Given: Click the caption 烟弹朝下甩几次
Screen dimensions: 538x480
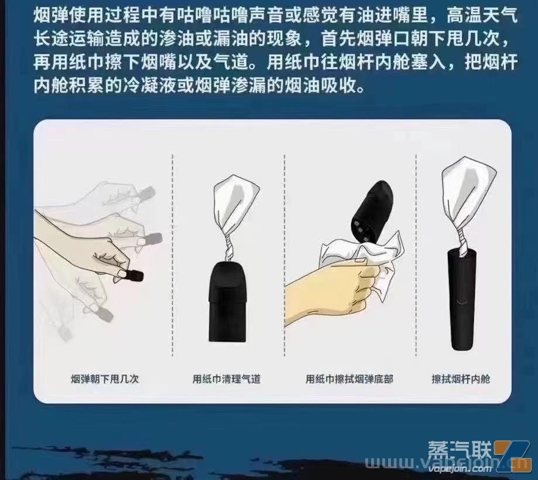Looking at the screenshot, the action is [105, 379].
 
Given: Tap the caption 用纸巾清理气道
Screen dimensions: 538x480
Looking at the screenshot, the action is [227, 379].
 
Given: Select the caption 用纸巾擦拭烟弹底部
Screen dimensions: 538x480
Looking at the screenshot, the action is [349, 379].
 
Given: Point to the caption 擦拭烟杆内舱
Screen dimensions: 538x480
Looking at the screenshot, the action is [461, 379].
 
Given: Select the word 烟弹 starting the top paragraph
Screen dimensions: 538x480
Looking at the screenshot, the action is [52, 15].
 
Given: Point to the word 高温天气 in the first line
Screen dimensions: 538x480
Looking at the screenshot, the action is [482, 15].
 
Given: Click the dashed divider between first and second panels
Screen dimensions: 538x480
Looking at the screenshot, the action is [173, 255].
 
